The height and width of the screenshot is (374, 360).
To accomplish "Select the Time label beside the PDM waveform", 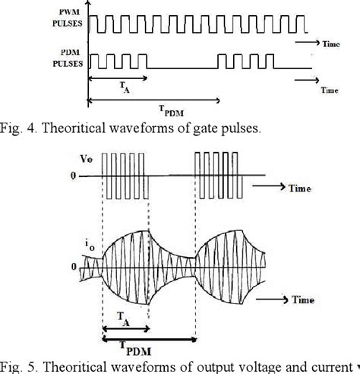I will (329, 89).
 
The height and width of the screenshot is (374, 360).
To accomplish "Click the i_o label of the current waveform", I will (83, 244).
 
